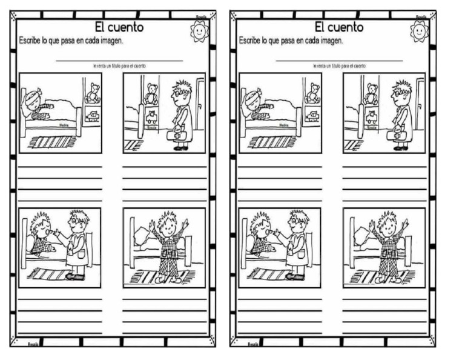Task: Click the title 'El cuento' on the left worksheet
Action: [119, 27]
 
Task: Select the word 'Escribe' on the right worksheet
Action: [249, 41]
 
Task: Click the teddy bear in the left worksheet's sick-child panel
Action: [93, 93]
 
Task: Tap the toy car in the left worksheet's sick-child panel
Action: [92, 116]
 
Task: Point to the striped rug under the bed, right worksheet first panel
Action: [272, 142]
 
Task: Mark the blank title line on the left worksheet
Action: [119, 60]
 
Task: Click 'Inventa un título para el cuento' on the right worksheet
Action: [339, 65]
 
